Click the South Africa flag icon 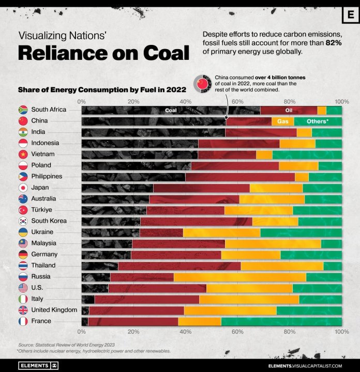pyautogui.click(x=23, y=110)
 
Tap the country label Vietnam pyautogui.click(x=43, y=154)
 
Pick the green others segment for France pyautogui.click(x=281, y=321)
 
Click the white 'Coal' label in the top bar pyautogui.click(x=171, y=110)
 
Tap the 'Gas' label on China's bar pyautogui.click(x=283, y=121)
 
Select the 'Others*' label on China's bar pyautogui.click(x=318, y=121)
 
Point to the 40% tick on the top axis pyautogui.click(x=185, y=101)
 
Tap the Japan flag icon pyautogui.click(x=23, y=188)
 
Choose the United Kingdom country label pyautogui.click(x=54, y=310)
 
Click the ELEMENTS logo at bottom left pyautogui.click(x=39, y=365)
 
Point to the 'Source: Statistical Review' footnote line pyautogui.click(x=66, y=344)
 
